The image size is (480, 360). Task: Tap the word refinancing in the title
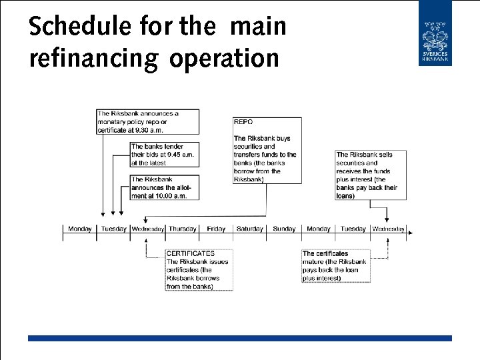pos(93,58)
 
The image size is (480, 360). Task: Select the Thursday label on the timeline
pos(182,229)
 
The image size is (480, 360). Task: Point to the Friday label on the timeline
pos(216,229)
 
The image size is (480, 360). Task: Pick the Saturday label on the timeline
pos(249,229)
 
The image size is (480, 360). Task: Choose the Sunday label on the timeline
pos(284,229)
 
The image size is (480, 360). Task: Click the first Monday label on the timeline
pos(80,229)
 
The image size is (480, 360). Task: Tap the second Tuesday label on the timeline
pos(353,229)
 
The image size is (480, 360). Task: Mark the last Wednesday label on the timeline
pos(388,229)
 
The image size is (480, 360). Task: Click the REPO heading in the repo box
pos(243,122)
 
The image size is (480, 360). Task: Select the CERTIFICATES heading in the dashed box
pos(190,253)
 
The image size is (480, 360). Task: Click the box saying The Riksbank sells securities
pos(369,175)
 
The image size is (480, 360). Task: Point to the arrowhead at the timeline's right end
pos(410,233)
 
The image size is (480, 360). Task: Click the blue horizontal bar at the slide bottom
pos(240,338)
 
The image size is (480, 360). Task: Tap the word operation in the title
pos(224,58)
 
